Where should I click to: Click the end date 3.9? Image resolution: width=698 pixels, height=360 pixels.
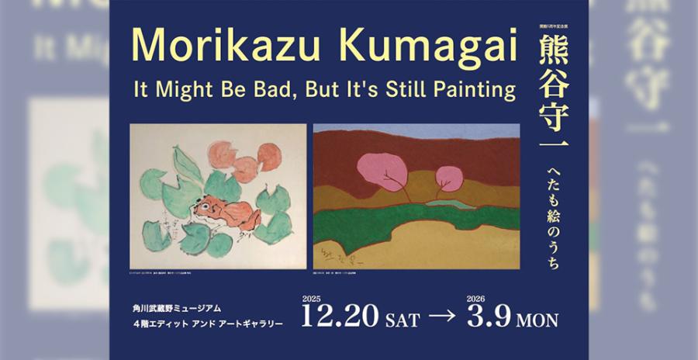click(488, 317)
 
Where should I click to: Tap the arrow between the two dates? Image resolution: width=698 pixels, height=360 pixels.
click(444, 317)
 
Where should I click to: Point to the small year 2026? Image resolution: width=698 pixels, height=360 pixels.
click(476, 298)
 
